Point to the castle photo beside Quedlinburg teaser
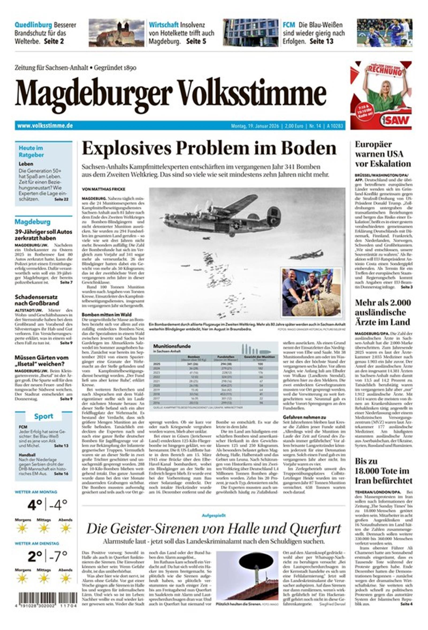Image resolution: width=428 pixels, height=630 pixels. (x=116, y=32)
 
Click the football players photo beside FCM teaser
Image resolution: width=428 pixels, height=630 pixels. (x=384, y=32)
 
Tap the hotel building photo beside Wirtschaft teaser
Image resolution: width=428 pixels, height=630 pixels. (x=250, y=32)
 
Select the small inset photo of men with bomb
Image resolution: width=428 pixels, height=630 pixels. (x=311, y=292)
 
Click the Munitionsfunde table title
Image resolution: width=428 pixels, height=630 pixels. (x=172, y=346)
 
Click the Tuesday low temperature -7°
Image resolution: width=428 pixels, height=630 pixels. (x=58, y=557)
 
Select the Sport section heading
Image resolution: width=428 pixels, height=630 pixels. (x=43, y=416)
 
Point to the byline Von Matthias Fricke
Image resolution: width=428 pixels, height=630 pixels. (x=104, y=189)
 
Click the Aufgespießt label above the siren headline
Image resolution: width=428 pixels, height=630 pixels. (x=213, y=515)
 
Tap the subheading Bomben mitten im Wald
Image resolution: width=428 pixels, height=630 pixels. (x=106, y=314)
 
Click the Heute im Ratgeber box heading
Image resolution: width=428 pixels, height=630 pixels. (x=31, y=151)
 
